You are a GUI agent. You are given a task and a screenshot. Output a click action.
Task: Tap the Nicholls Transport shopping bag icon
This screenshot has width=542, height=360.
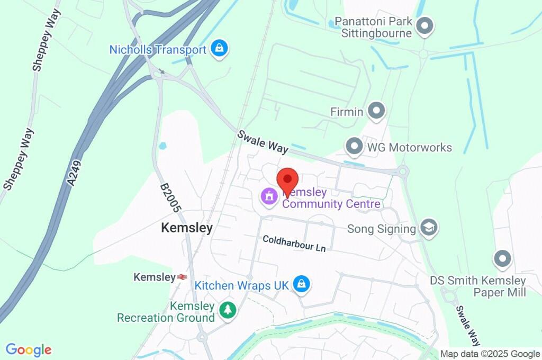click(x=218, y=49)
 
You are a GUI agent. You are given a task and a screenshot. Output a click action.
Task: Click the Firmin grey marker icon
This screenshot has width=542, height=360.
click(x=377, y=111)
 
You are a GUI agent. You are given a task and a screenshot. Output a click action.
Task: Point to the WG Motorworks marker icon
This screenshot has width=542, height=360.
click(x=354, y=146)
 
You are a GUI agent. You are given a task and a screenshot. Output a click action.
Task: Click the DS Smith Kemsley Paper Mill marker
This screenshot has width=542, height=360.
click(x=502, y=259)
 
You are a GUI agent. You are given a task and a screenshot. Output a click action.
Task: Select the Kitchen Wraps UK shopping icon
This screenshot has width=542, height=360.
click(x=301, y=284)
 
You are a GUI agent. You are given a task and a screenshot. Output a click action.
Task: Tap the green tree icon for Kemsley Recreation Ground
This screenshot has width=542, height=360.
click(x=228, y=310)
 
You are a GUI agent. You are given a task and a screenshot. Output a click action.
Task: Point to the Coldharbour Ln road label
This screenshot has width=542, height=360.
click(x=294, y=244)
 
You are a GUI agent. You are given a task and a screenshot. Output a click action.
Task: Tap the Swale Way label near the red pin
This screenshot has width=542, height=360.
click(x=263, y=142)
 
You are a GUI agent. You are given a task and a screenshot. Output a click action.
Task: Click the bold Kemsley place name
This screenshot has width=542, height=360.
click(x=187, y=228)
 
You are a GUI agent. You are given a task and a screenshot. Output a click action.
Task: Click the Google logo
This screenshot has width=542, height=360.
click(x=29, y=349)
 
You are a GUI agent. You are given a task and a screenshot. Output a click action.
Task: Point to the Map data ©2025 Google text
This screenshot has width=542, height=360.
click(x=490, y=354)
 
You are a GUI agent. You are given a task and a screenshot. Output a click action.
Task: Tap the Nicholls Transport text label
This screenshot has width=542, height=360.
click(x=158, y=50)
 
